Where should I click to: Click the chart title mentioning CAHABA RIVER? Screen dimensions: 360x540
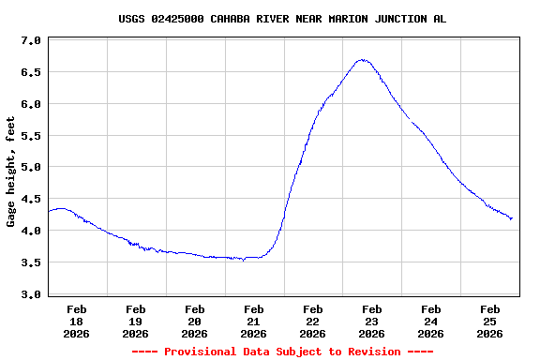pyautogui.click(x=282, y=19)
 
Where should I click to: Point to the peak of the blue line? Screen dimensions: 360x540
pyautogui.click(x=363, y=60)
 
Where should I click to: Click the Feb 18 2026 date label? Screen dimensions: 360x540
pyautogui.click(x=77, y=321)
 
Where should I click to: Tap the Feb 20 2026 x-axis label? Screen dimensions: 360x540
pyautogui.click(x=195, y=321)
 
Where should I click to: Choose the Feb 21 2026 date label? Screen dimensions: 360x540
pyautogui.click(x=254, y=321)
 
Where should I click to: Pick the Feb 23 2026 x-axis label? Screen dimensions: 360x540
pyautogui.click(x=372, y=321)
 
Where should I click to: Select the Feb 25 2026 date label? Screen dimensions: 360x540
pyautogui.click(x=489, y=321)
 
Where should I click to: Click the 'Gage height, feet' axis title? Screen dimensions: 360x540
pyautogui.click(x=11, y=172)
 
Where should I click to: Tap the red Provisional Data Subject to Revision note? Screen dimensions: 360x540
pyautogui.click(x=282, y=352)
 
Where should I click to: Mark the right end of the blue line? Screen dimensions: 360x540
pyautogui.click(x=512, y=218)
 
